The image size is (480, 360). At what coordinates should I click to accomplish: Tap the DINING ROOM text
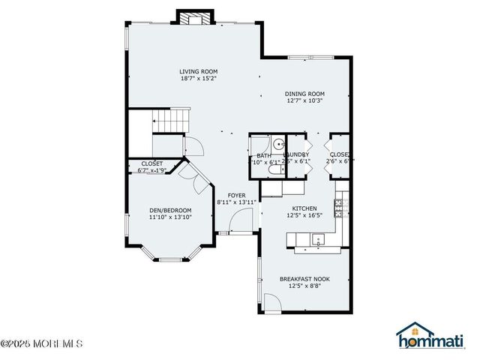(304, 94)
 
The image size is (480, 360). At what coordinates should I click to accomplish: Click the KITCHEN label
(304, 208)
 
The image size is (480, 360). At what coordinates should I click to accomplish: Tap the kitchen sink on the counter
(317, 241)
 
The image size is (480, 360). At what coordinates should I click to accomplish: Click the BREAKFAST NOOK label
(304, 279)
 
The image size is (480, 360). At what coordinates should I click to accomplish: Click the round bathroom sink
(277, 144)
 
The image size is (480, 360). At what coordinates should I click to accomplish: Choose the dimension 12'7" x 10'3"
(304, 101)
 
